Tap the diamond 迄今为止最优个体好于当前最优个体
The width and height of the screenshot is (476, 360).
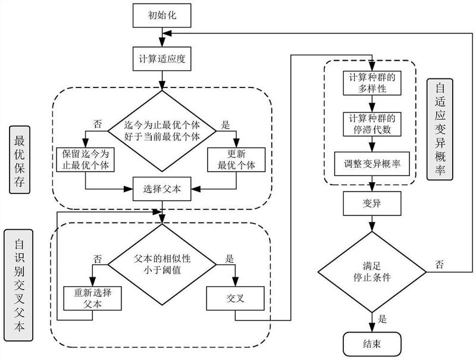(161, 126)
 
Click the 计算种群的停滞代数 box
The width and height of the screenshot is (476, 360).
(372, 123)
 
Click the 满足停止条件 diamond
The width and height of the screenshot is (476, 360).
(372, 272)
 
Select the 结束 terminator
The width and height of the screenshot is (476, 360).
(372, 344)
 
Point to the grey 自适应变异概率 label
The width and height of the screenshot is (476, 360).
(440, 129)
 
